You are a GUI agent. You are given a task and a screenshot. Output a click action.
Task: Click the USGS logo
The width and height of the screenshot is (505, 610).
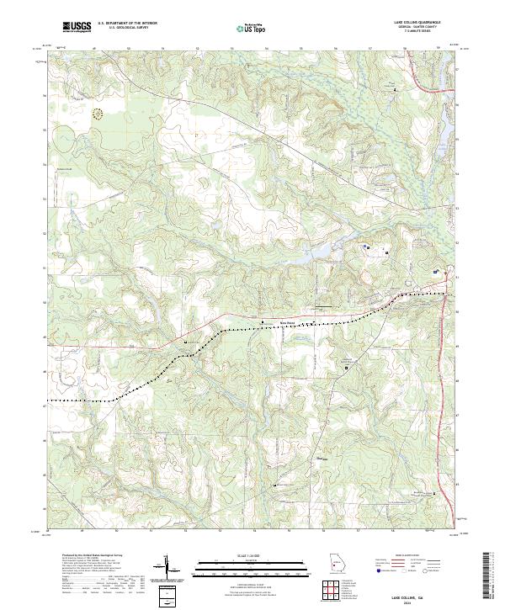(x=77, y=27)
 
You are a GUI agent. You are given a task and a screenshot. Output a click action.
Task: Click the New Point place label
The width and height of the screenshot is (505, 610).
(x=288, y=320)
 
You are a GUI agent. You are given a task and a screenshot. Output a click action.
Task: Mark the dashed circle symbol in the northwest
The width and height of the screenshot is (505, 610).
(x=98, y=113)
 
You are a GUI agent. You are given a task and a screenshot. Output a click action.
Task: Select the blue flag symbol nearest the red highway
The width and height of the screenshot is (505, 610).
(x=435, y=272)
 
